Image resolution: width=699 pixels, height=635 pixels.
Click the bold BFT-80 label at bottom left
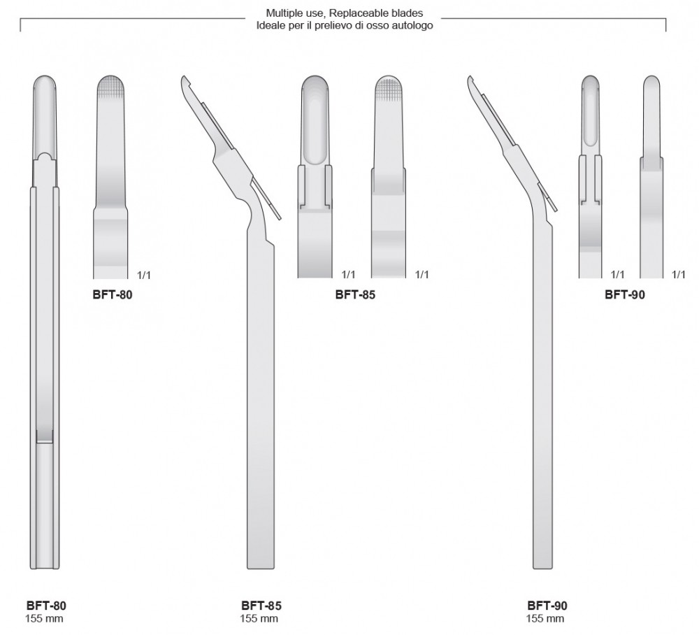[x=46, y=605]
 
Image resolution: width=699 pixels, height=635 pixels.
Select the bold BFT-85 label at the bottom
[x=261, y=605]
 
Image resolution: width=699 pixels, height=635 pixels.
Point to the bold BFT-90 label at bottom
[x=547, y=605]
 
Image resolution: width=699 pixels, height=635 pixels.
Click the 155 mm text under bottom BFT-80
[x=44, y=618]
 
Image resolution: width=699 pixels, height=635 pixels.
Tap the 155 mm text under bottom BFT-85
[x=259, y=618]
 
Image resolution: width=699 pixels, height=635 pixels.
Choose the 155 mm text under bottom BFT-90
[x=545, y=618]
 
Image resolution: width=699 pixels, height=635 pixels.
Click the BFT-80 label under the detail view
[x=113, y=294]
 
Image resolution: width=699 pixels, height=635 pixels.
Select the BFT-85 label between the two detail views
[x=355, y=294]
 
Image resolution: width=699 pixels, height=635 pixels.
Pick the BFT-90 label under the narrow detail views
[x=624, y=294]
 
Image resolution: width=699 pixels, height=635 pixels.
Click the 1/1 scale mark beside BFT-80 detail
[x=144, y=275]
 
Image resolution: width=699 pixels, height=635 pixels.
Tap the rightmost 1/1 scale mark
[x=679, y=275]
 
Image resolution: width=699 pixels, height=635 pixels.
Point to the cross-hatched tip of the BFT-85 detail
[x=388, y=87]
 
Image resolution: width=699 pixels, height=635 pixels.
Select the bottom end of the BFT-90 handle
[x=542, y=568]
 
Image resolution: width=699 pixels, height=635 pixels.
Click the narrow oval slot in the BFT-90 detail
[x=591, y=112]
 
